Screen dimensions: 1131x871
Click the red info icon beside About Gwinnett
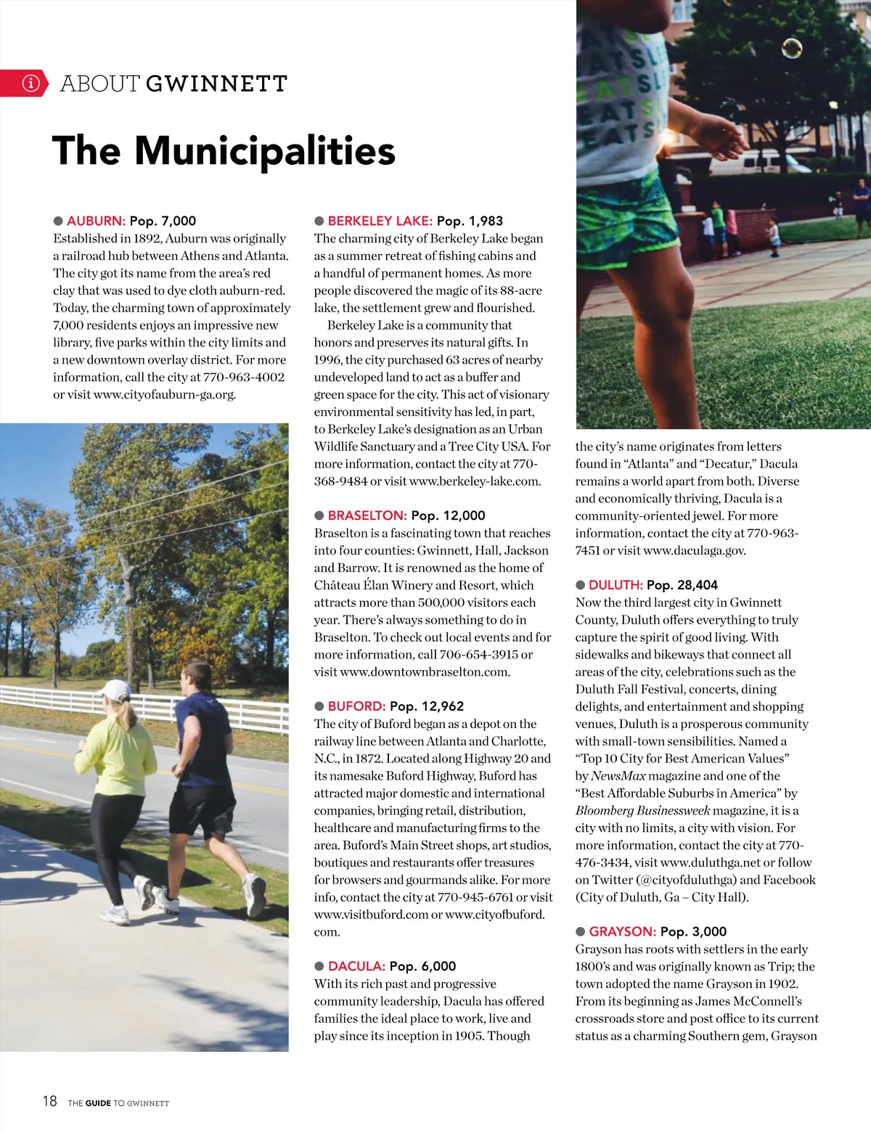[30, 83]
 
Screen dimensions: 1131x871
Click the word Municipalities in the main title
[265, 151]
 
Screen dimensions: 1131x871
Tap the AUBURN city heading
[96, 221]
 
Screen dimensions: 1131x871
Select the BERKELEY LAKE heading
[380, 221]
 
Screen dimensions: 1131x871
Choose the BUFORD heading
[356, 706]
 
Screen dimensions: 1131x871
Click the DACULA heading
[356, 966]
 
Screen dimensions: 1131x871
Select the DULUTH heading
[616, 585]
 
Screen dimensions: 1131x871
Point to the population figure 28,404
[698, 585]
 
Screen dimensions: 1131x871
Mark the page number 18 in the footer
[49, 1101]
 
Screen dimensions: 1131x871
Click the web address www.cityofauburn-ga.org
[165, 395]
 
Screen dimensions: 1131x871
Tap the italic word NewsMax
[618, 776]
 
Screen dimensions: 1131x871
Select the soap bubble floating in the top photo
[791, 49]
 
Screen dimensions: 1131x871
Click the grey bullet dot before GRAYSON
[581, 931]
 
